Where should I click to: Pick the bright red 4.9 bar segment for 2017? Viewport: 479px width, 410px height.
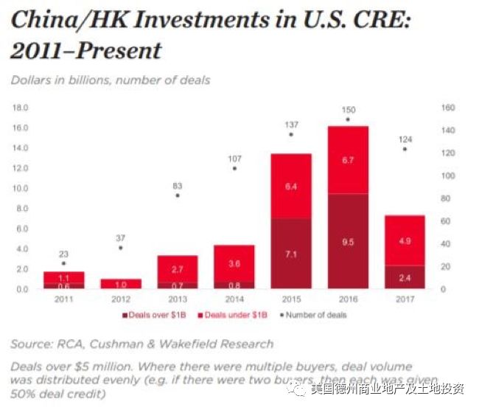(x=404, y=240)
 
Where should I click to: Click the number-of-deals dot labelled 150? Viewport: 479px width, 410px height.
(x=348, y=119)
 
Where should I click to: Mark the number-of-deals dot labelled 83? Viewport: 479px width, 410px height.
(x=176, y=195)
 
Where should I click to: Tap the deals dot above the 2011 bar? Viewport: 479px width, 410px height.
(x=63, y=263)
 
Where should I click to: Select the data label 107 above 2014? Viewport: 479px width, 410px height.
(x=234, y=158)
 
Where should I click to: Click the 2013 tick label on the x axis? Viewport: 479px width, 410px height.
(x=176, y=299)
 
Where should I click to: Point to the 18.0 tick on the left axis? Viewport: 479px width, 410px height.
(x=20, y=108)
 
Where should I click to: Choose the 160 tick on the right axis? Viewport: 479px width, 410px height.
(x=448, y=108)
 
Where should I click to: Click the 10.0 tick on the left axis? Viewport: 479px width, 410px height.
(x=20, y=188)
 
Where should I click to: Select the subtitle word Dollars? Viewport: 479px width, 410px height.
(x=32, y=80)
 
